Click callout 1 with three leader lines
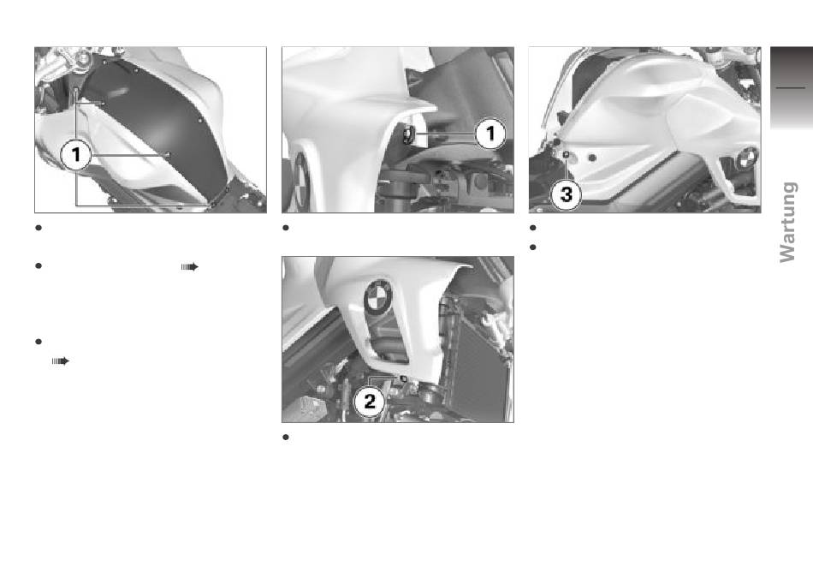click(76, 154)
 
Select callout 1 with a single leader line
click(490, 134)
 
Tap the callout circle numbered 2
click(369, 402)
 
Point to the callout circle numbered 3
click(567, 194)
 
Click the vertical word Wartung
click(787, 222)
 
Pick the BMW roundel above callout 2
click(378, 296)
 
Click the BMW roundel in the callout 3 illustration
click(746, 158)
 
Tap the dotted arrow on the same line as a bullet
click(190, 266)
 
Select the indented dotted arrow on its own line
click(60, 361)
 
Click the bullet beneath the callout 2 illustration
click(285, 438)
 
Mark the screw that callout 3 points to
click(567, 154)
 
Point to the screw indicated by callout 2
click(402, 379)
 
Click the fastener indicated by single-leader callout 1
click(408, 134)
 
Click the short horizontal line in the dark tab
click(790, 87)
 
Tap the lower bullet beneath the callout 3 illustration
click(532, 247)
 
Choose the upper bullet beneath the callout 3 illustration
click(532, 228)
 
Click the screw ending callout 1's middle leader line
click(168, 154)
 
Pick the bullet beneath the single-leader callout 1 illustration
click(285, 228)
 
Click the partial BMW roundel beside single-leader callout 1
click(301, 179)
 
